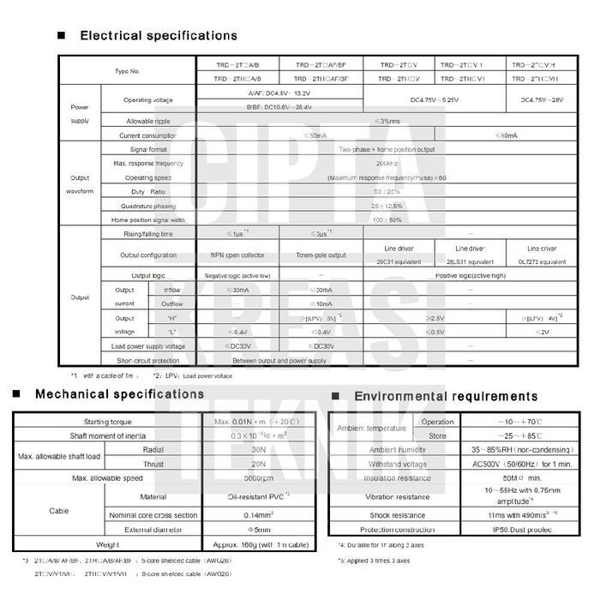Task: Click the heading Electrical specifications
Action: (159, 36)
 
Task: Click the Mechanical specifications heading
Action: (119, 394)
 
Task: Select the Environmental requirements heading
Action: (446, 396)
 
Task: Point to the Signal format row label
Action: (148, 148)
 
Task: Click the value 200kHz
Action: (387, 163)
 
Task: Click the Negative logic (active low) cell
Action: (238, 275)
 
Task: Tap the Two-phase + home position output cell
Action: (387, 148)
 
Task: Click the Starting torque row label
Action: (108, 422)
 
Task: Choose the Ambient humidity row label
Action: (393, 450)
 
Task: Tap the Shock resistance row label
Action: (393, 516)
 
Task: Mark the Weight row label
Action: (108, 544)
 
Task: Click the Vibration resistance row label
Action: (393, 496)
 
